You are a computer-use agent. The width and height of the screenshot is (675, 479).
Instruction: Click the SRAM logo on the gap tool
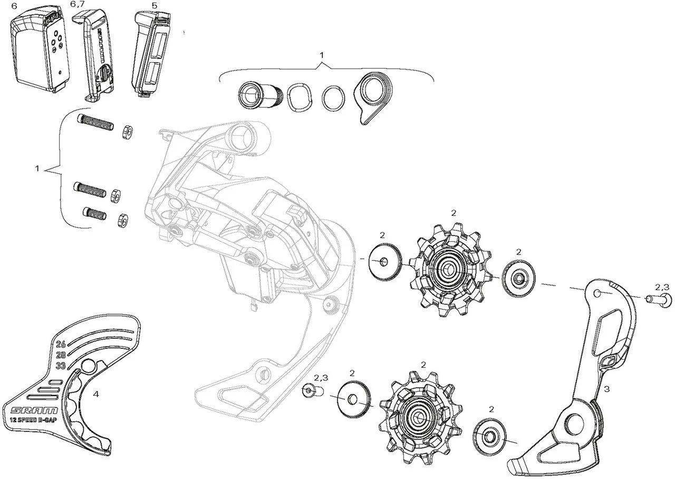31,410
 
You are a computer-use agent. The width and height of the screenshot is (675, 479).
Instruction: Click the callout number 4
95,394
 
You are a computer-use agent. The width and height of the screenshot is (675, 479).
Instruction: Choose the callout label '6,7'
77,4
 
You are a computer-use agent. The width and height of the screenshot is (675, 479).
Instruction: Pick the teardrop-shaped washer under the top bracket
372,96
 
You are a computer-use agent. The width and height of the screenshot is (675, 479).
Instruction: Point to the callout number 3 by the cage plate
606,389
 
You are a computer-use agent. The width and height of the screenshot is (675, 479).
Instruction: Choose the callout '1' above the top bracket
322,55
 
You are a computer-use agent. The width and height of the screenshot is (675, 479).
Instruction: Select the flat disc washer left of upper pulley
384,261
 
